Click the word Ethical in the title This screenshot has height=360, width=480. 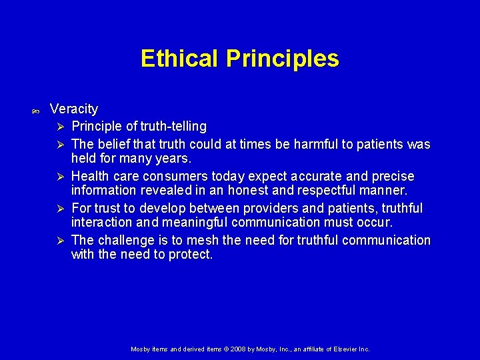click(179, 59)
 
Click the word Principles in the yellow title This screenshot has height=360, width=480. click(282, 59)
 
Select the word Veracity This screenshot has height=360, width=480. click(73, 109)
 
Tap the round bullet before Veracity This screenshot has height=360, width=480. click(35, 110)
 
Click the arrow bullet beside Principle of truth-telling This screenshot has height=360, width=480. click(60, 127)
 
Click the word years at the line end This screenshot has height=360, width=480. click(175, 159)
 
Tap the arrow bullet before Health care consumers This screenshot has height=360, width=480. click(60, 177)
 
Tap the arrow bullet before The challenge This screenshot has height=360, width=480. click(60, 241)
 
